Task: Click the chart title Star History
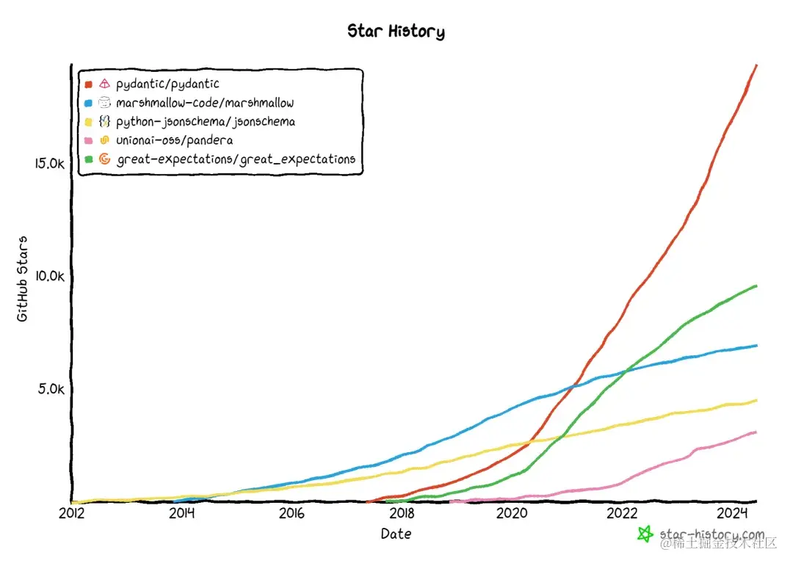pyautogui.click(x=396, y=32)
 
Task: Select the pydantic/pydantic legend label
pyautogui.click(x=167, y=84)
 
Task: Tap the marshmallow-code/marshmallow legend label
pyautogui.click(x=205, y=103)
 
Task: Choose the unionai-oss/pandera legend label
pyautogui.click(x=175, y=140)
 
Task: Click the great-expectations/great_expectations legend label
pyautogui.click(x=236, y=159)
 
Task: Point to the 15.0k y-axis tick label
pyautogui.click(x=50, y=163)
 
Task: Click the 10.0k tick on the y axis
pyautogui.click(x=50, y=276)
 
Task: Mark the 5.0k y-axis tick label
pyautogui.click(x=51, y=388)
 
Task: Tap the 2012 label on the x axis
pyautogui.click(x=71, y=513)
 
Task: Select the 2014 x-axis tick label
pyautogui.click(x=181, y=513)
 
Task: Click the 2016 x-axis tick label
pyautogui.click(x=292, y=513)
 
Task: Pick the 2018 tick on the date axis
pyautogui.click(x=402, y=513)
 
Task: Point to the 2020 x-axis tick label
pyautogui.click(x=513, y=513)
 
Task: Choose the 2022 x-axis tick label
pyautogui.click(x=623, y=513)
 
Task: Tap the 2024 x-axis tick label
pyautogui.click(x=734, y=513)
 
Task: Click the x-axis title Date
pyautogui.click(x=396, y=534)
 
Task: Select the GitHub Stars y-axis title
pyautogui.click(x=23, y=278)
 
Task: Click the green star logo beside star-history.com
pyautogui.click(x=645, y=534)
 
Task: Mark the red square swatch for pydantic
pyautogui.click(x=88, y=84)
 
